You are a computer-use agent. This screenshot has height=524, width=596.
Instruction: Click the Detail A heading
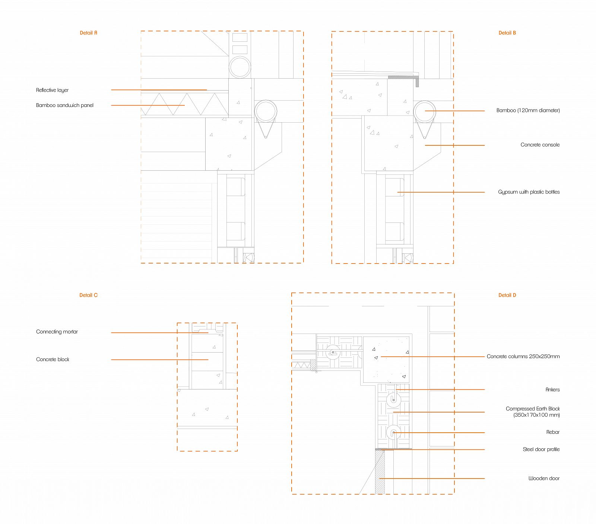pos(88,33)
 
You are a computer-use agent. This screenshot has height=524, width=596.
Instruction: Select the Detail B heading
pos(507,33)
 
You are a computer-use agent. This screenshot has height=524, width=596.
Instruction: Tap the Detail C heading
pos(88,295)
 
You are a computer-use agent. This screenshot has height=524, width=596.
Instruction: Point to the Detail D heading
pos(507,295)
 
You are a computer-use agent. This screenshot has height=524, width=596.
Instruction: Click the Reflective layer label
pos(52,90)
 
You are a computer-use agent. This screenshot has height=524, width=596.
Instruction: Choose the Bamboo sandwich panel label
pos(65,105)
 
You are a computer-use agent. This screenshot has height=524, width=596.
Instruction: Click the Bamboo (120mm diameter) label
pos(528,110)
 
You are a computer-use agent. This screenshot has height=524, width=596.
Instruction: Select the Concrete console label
pos(540,145)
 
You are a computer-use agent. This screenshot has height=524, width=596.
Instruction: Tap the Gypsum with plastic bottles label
pos(529,192)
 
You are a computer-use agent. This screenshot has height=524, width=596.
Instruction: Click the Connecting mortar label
pos(57,332)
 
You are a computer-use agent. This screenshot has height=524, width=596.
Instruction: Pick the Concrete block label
pos(53,359)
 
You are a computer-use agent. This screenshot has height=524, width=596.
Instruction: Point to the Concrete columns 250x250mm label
pos(523,356)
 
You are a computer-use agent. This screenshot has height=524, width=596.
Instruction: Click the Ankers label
pos(552,389)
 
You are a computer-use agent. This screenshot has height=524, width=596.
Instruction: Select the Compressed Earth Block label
pos(533,412)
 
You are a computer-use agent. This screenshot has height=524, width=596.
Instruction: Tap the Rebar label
pos(553,432)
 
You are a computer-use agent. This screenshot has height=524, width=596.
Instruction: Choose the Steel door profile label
pos(541,449)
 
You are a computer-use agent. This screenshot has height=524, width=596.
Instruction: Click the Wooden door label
pos(544,478)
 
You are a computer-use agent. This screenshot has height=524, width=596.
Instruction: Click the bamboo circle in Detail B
pos(425,111)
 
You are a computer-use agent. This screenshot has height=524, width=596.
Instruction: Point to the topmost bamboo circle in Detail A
pos(240,67)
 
